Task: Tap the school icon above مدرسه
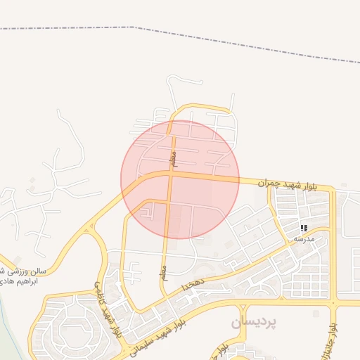(x=304, y=228)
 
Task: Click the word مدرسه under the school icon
(x=304, y=238)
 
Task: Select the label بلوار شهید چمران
(x=288, y=185)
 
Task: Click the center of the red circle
(x=180, y=179)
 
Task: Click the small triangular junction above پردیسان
(x=243, y=309)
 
